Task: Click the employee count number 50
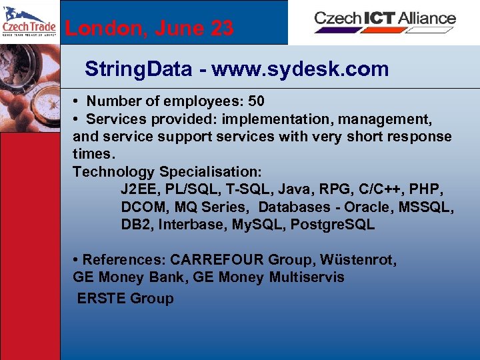pyautogui.click(x=256, y=101)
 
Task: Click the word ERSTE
pyautogui.click(x=101, y=299)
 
